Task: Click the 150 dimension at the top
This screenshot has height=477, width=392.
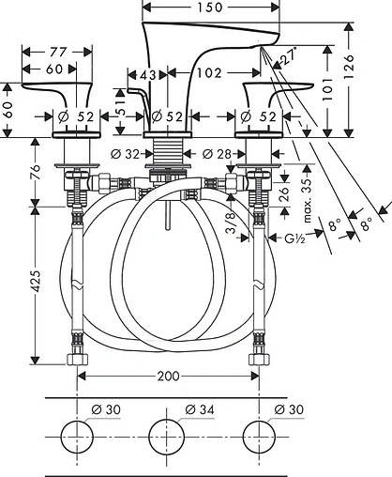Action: pyautogui.click(x=210, y=8)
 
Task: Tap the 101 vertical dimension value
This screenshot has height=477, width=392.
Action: pyautogui.click(x=327, y=89)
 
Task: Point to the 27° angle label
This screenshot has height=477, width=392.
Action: pyautogui.click(x=288, y=56)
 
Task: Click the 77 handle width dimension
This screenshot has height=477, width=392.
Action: pyautogui.click(x=58, y=52)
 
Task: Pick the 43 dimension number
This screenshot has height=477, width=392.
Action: pyautogui.click(x=147, y=75)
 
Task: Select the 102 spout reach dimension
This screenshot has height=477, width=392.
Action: pyautogui.click(x=209, y=73)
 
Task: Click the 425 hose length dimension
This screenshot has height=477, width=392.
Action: pyautogui.click(x=36, y=282)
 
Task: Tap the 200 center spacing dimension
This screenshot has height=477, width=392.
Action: pyautogui.click(x=168, y=376)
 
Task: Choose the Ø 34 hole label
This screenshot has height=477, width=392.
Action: pyautogui.click(x=200, y=409)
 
